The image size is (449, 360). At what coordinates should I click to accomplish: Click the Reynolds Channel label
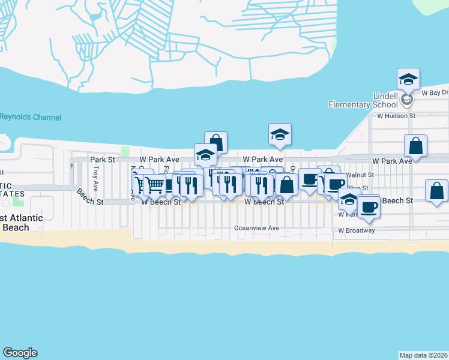[30, 118]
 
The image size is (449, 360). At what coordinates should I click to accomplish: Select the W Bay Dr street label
[435, 93]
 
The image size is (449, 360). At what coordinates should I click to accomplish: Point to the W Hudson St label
[392, 115]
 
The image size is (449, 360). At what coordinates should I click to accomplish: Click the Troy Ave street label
[95, 175]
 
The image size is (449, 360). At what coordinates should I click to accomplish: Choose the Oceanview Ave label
[256, 229]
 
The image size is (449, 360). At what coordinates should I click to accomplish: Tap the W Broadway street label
[357, 230]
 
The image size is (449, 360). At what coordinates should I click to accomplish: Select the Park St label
[102, 160]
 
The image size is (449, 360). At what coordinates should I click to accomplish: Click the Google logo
[20, 353]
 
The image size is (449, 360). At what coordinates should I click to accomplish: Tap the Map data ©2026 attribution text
[424, 354]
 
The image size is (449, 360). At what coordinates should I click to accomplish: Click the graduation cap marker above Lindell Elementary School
[408, 79]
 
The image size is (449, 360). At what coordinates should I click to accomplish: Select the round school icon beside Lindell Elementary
[407, 100]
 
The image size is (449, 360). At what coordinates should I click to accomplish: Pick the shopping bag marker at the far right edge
[436, 191]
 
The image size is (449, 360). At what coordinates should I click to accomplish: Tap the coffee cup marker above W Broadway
[368, 206]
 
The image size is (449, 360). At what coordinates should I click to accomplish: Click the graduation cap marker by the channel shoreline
[280, 134]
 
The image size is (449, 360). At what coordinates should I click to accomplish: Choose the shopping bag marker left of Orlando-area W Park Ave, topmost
[216, 143]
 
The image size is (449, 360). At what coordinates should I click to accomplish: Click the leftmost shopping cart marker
[141, 184]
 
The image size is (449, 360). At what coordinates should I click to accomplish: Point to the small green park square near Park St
[125, 151]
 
